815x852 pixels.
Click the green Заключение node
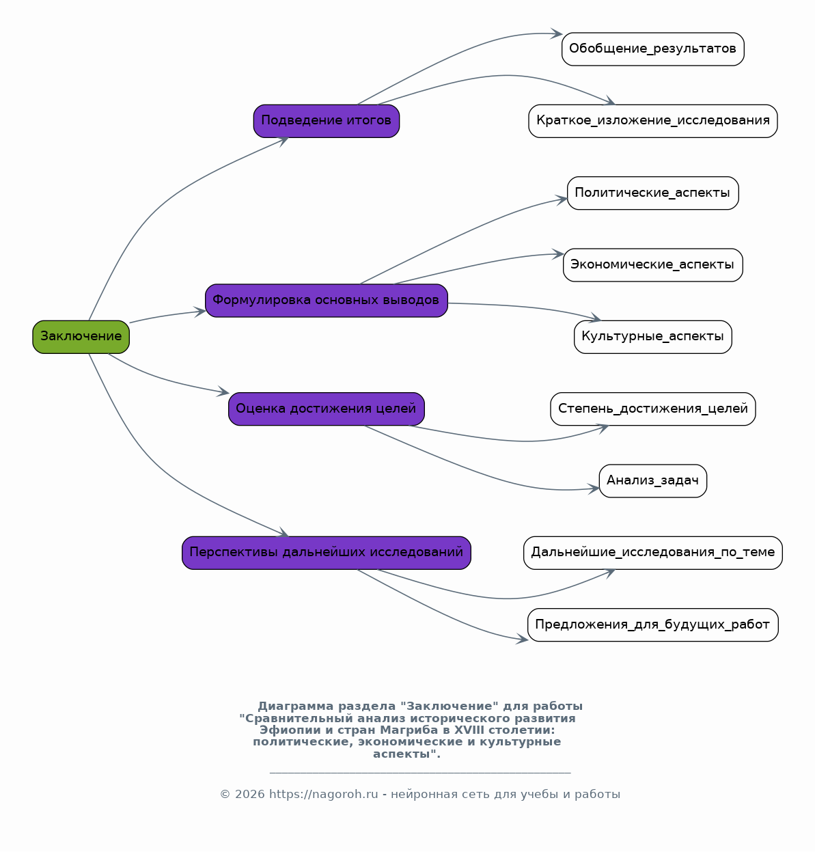[81, 337]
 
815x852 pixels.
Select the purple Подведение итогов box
[327, 122]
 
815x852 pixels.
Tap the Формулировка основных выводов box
[327, 301]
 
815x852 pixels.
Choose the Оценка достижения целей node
[327, 409]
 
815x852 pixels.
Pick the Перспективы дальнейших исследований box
[327, 553]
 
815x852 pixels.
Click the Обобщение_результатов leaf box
[653, 49]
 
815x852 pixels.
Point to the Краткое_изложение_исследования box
[653, 122]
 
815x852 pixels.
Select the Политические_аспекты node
[653, 193]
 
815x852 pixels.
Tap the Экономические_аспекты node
[653, 265]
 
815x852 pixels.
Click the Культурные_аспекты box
[653, 337]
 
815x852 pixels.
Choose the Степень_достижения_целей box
[653, 409]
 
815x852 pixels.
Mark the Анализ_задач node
[653, 481]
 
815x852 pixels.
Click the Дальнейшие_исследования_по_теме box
[653, 553]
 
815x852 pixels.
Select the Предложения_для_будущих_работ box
[653, 625]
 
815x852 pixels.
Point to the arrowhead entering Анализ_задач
[594, 489]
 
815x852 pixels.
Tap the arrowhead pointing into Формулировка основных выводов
[200, 312]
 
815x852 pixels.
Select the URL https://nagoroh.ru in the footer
[323, 794]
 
